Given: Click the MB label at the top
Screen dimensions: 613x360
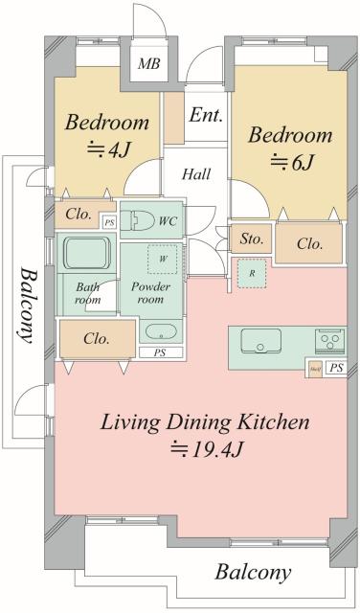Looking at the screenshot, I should coord(147,64).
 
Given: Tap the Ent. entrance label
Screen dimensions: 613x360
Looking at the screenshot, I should coord(206,116).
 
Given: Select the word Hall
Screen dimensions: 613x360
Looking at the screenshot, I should coord(198,174).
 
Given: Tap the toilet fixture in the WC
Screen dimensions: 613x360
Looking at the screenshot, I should coord(140,221).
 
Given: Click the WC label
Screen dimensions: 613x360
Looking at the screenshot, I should coord(169,221).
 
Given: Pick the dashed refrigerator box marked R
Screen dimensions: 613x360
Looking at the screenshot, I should coord(251,273).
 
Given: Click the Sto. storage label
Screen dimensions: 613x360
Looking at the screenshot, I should coord(251,238).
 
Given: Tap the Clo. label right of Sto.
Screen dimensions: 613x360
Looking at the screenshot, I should coord(309,243).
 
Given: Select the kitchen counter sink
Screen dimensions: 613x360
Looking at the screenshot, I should coord(260,342).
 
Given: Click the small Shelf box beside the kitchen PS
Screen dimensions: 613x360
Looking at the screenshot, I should coord(313,368).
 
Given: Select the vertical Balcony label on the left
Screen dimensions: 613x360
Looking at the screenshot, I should coord(25,302).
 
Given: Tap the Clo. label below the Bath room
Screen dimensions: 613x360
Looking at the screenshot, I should coord(96,338).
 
